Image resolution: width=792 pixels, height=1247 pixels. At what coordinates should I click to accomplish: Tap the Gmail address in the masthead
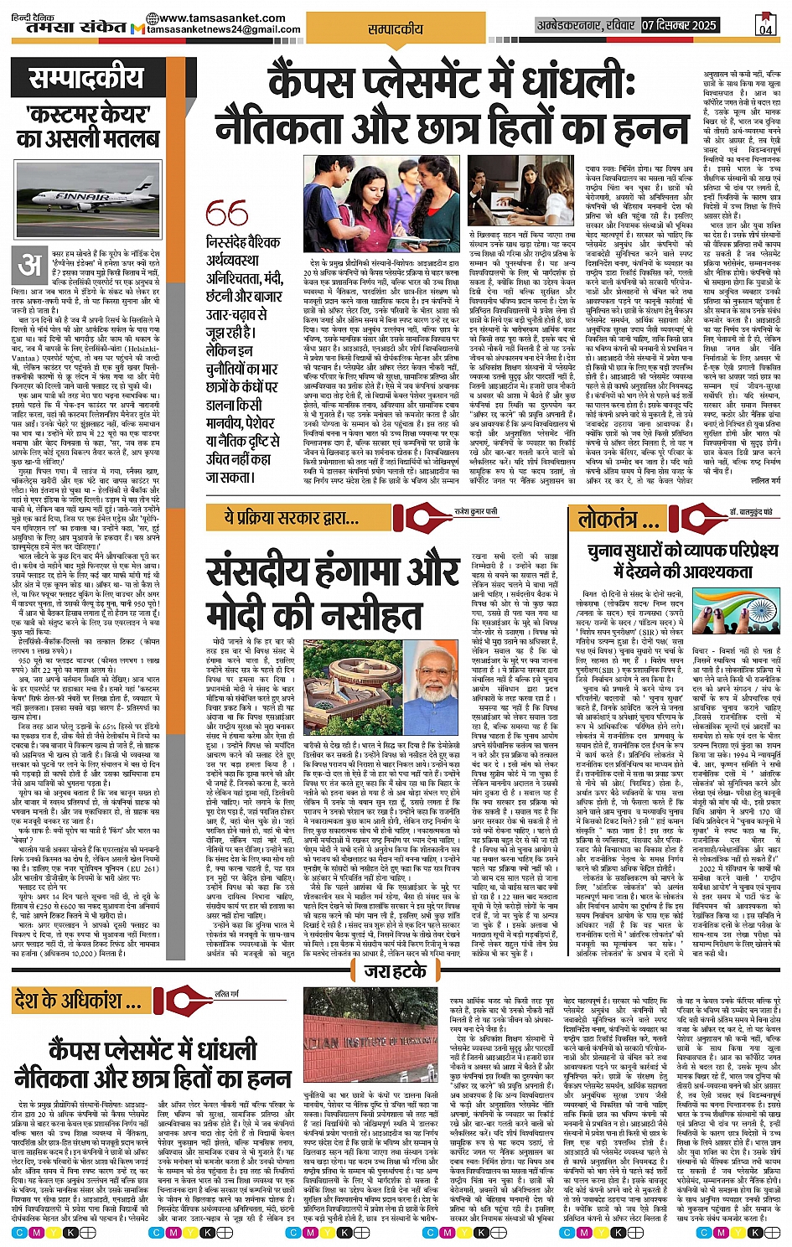click(x=224, y=30)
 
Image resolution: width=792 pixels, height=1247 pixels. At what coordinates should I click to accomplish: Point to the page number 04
click(x=765, y=24)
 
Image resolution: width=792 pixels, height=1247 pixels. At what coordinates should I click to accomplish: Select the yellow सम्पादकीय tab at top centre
click(x=396, y=28)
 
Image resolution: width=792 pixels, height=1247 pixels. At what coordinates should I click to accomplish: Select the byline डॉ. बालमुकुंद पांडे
click(x=749, y=510)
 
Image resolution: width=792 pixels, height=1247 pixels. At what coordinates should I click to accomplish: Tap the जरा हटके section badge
click(x=396, y=971)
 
